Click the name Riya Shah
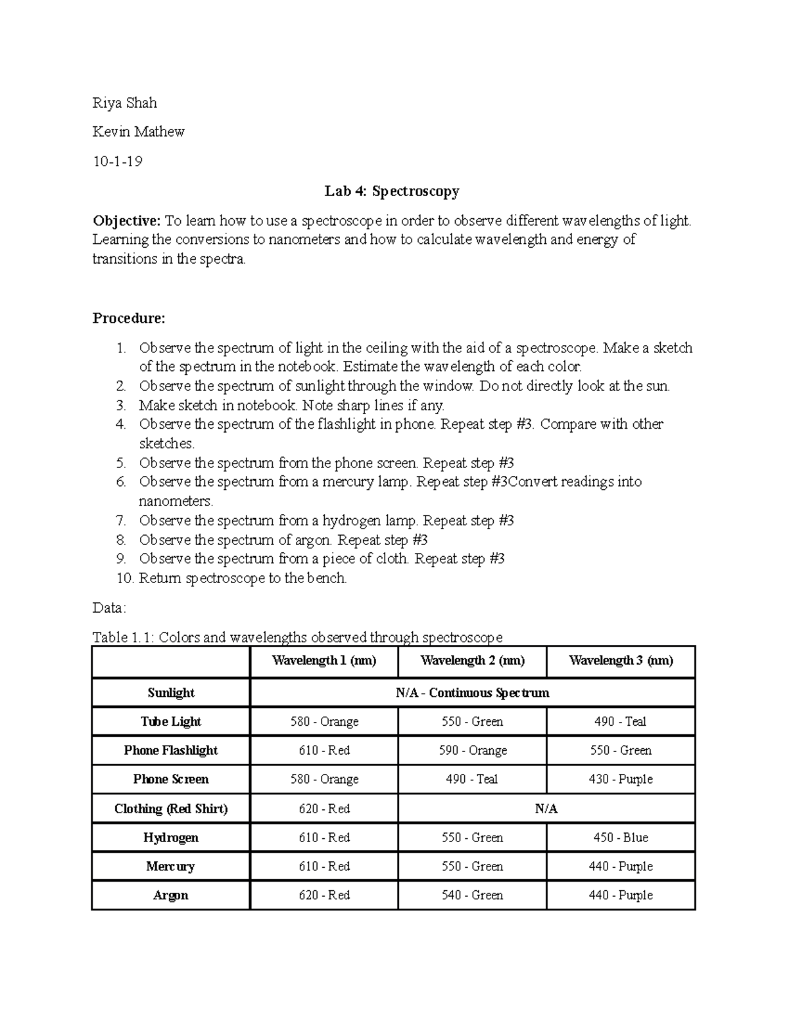click(125, 103)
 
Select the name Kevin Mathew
click(138, 132)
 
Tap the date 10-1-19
click(117, 161)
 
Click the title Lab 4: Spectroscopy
click(392, 191)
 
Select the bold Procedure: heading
click(129, 318)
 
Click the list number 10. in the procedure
click(103, 579)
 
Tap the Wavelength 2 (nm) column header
click(472, 661)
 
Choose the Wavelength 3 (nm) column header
click(621, 661)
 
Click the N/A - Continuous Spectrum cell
click(472, 693)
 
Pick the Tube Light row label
click(171, 722)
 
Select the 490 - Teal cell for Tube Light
click(620, 722)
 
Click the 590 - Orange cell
click(472, 751)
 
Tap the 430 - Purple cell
click(620, 780)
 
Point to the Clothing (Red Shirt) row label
click(171, 809)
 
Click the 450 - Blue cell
click(620, 838)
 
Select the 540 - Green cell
click(472, 895)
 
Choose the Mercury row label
click(171, 867)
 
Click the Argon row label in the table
click(171, 895)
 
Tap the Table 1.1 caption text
click(297, 637)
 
